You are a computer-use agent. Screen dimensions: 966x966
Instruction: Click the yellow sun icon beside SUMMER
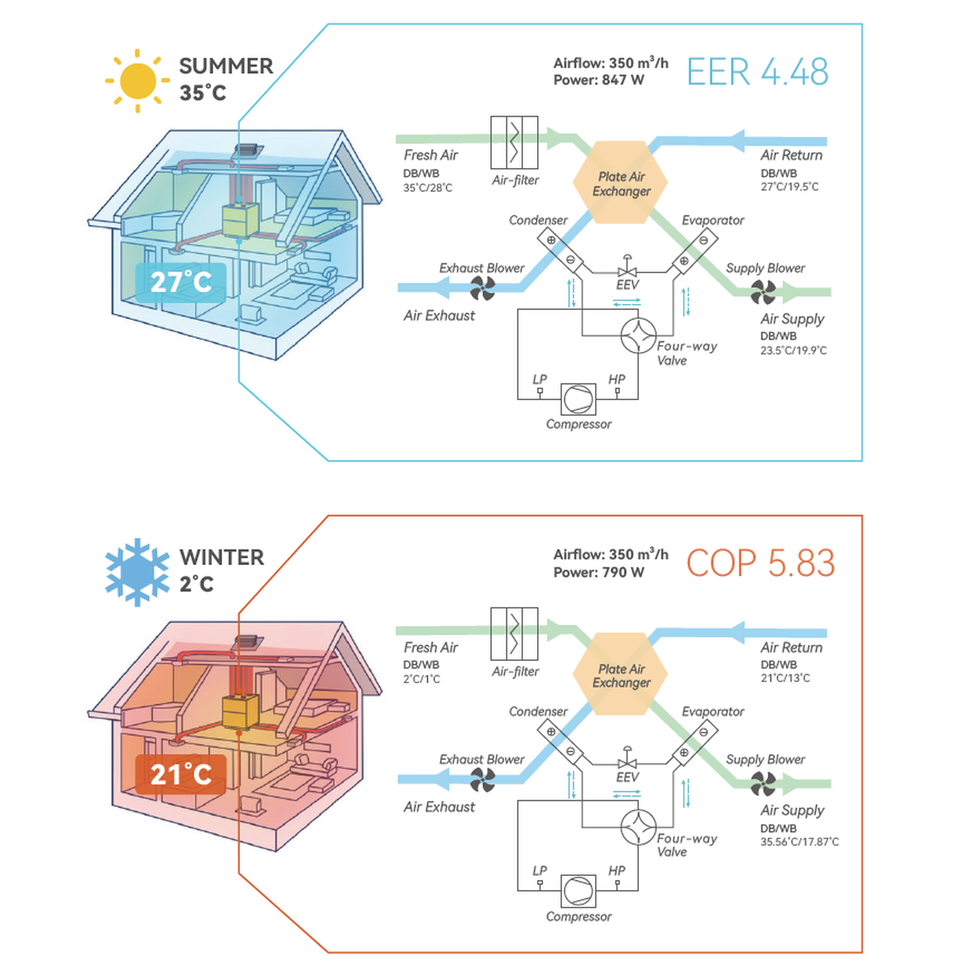tap(138, 81)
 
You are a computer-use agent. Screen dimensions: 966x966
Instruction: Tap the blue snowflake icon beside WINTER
tap(138, 572)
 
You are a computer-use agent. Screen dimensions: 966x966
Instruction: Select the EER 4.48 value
tap(758, 72)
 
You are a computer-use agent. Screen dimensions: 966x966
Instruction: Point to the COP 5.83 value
tap(761, 563)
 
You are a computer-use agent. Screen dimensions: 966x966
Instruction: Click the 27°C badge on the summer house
tap(181, 282)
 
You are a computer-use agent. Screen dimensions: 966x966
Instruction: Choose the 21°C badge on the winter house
tap(181, 774)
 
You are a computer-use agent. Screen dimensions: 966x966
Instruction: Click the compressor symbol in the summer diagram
tap(578, 399)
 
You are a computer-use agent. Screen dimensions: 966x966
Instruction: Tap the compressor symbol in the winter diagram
tap(578, 891)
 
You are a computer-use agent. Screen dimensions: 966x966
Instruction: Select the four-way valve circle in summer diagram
tap(638, 336)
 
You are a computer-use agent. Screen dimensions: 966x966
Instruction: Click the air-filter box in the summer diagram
tap(514, 142)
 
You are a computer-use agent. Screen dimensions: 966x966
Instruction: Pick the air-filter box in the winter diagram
tap(514, 634)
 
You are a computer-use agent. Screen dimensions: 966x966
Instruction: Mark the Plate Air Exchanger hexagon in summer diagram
tap(620, 182)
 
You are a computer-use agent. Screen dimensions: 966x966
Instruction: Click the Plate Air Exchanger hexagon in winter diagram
tap(620, 674)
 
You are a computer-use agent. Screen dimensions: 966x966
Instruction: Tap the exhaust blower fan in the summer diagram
tap(482, 288)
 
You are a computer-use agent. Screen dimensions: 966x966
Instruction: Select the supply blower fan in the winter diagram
tap(763, 784)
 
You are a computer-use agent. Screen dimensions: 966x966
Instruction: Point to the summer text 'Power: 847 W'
tap(599, 80)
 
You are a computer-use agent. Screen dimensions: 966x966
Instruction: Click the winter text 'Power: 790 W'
tap(599, 572)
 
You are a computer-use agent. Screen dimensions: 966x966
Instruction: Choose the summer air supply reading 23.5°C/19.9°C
tap(793, 350)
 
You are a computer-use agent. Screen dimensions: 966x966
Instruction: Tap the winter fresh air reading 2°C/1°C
tap(421, 679)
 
